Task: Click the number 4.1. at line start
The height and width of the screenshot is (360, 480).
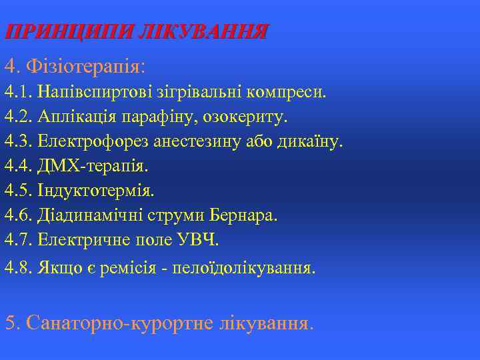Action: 19,91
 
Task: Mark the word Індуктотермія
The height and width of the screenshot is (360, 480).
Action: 96,191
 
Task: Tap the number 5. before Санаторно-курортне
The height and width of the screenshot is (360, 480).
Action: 12,323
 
